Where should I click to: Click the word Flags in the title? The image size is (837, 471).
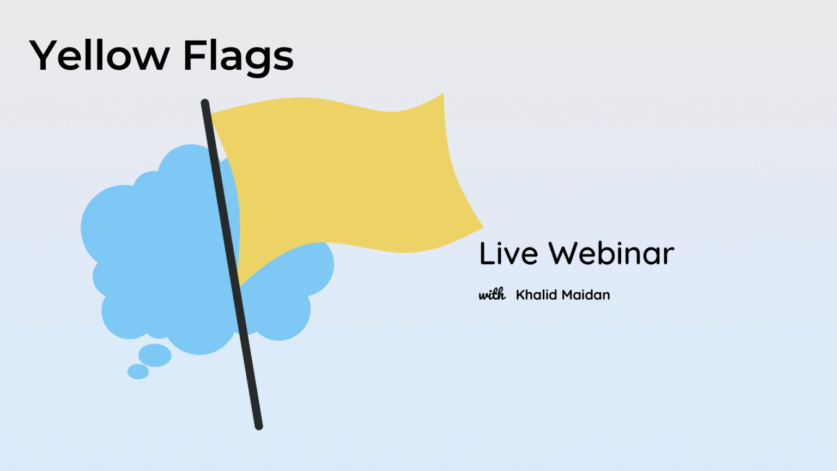[x=238, y=56]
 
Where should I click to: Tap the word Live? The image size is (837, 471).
[x=508, y=253]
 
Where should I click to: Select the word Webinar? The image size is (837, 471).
[x=611, y=253]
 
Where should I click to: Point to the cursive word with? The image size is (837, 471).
[x=492, y=294]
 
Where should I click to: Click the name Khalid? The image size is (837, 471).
[x=536, y=295]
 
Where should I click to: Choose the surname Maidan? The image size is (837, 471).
[x=586, y=295]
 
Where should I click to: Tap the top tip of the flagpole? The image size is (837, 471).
[x=205, y=102]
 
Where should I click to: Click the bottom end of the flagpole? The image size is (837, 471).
[x=259, y=426]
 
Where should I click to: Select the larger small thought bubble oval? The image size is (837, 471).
[x=155, y=355]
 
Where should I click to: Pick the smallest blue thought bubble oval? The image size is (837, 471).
[x=138, y=372]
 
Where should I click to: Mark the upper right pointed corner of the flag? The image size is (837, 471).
[x=442, y=95]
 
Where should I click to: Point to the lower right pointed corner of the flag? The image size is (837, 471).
[x=482, y=226]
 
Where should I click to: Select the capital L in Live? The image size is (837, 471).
[x=486, y=253]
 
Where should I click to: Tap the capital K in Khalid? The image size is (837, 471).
[x=520, y=295]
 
